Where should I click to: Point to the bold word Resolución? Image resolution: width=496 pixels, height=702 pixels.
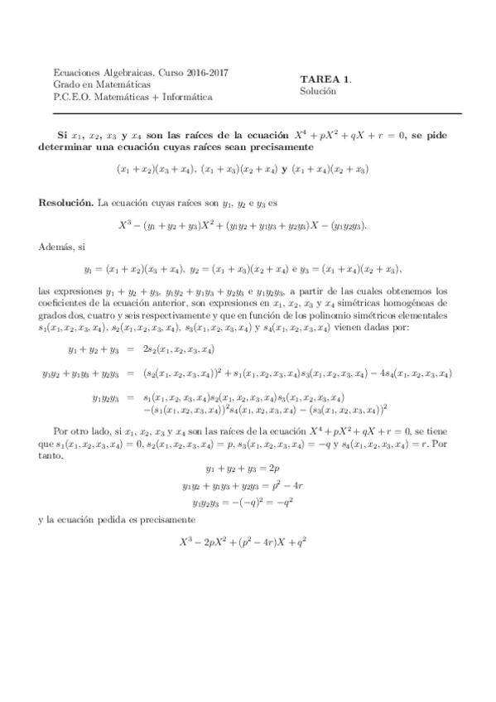66,202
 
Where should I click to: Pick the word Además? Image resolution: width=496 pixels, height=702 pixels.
54,246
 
